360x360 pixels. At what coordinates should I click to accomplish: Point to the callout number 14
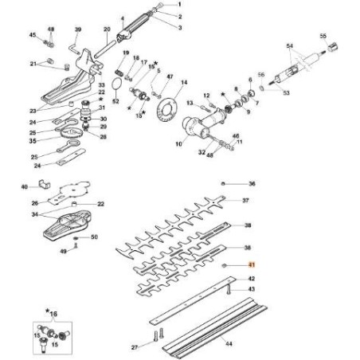pos(184,82)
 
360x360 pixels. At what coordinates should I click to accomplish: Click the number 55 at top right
pos(323,36)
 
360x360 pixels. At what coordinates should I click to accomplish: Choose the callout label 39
pos(78,29)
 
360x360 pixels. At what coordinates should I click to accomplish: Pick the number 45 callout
pos(33,36)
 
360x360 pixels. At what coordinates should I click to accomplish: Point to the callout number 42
pos(252,280)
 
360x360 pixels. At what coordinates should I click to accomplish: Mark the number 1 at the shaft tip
pos(179,6)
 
